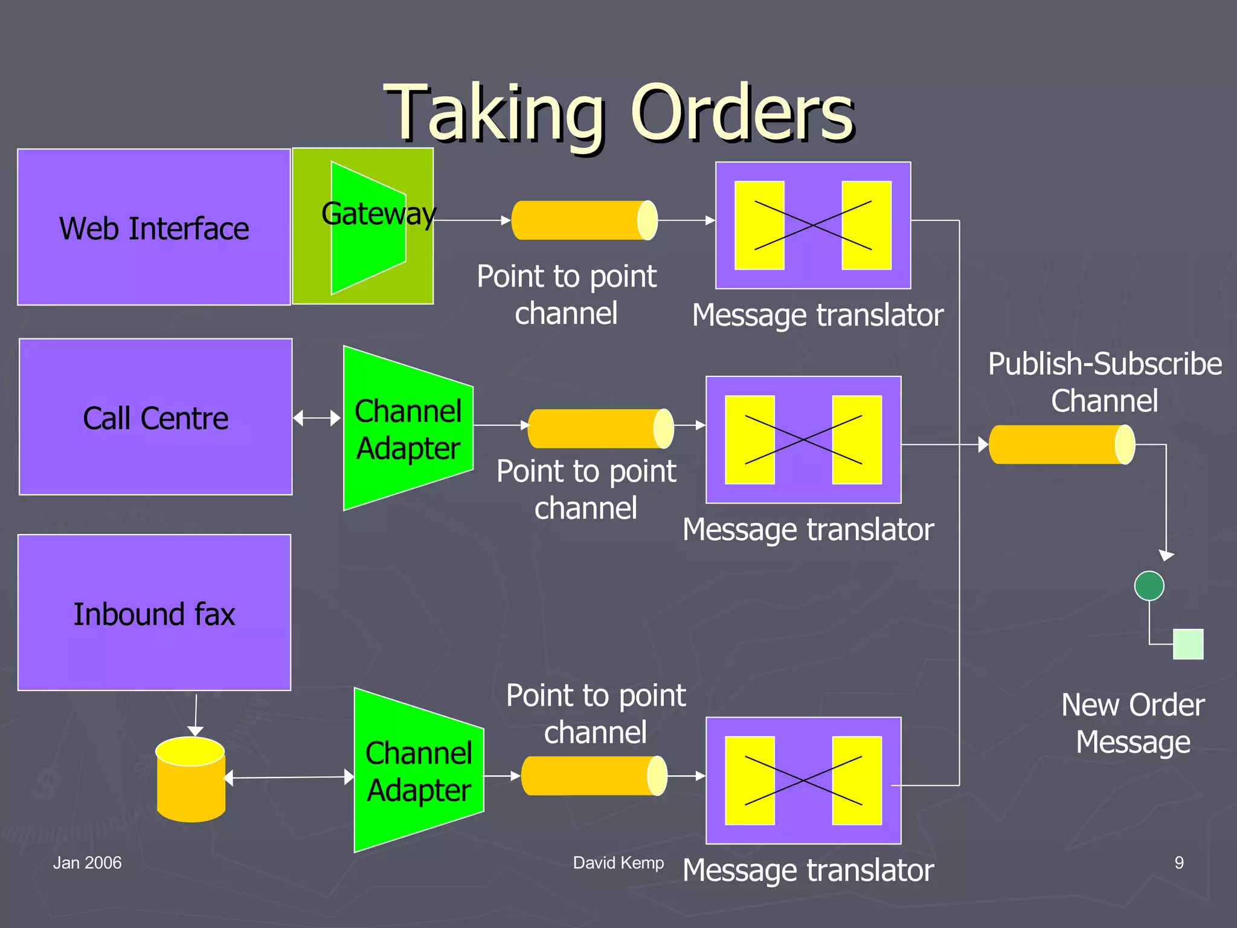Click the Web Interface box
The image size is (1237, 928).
tap(154, 227)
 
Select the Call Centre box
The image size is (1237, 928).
tap(155, 417)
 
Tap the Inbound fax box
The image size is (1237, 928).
tap(154, 613)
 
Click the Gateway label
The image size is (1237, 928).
tap(378, 214)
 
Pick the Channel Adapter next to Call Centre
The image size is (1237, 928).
tap(408, 428)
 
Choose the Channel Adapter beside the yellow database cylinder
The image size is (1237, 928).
tap(419, 770)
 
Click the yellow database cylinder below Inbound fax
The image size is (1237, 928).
tap(191, 779)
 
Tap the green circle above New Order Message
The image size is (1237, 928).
tap(1149, 585)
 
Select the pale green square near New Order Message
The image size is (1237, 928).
tap(1187, 644)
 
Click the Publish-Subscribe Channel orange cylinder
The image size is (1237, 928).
tap(1061, 445)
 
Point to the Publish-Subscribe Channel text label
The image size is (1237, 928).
tap(1105, 382)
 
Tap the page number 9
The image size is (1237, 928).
tap(1178, 863)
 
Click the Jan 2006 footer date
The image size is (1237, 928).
tap(87, 863)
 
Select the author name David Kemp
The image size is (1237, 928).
tap(618, 863)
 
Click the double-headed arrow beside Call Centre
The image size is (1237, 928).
tap(317, 418)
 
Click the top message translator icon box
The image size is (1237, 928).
tap(813, 225)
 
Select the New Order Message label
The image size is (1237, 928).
tap(1133, 723)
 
